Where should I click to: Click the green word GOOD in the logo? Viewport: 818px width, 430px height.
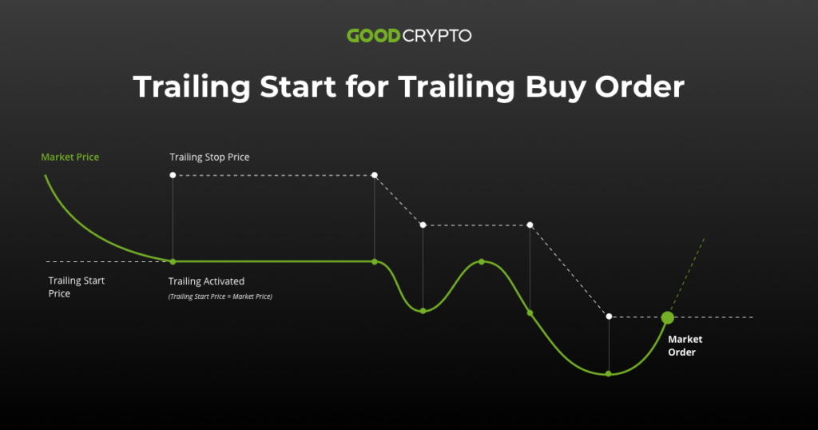pyautogui.click(x=373, y=36)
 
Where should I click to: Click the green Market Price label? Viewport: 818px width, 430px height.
pyautogui.click(x=70, y=157)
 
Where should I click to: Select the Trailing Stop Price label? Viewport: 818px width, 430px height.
pyautogui.click(x=209, y=157)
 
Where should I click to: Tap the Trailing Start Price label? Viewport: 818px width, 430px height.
pyautogui.click(x=77, y=287)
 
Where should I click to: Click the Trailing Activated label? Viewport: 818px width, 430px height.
pyautogui.click(x=206, y=281)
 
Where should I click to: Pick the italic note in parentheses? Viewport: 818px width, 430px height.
pyautogui.click(x=220, y=297)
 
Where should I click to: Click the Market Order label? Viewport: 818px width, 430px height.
pyautogui.click(x=685, y=345)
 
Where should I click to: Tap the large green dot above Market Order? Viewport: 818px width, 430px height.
pyautogui.click(x=668, y=317)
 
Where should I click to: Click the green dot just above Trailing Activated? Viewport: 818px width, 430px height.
pyautogui.click(x=173, y=261)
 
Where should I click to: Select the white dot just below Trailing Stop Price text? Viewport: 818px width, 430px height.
pyautogui.click(x=173, y=175)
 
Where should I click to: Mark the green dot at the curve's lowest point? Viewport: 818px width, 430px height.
pyautogui.click(x=609, y=373)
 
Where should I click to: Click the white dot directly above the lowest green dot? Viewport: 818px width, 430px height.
pyautogui.click(x=609, y=317)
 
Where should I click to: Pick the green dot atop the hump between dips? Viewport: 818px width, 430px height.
pyautogui.click(x=482, y=261)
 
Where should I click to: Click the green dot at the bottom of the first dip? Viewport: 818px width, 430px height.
pyautogui.click(x=423, y=310)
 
